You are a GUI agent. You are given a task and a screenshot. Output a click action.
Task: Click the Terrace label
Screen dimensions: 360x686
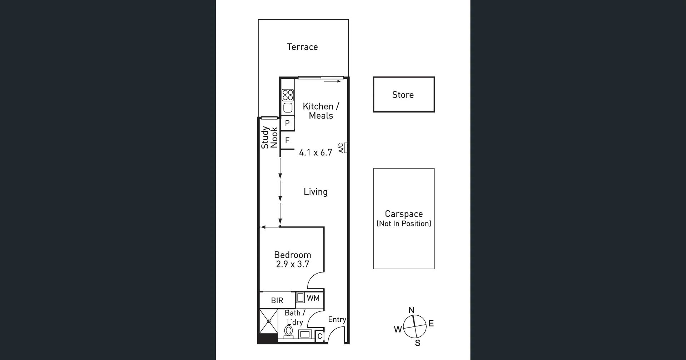click(302, 47)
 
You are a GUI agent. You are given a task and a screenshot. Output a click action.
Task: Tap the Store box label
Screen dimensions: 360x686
click(403, 95)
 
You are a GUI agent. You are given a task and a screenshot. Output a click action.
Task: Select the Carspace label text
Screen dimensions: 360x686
click(404, 214)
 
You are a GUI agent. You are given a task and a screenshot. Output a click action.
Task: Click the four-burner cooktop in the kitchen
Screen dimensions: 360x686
click(288, 95)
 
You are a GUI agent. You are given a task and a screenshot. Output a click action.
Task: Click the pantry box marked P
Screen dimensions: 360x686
click(287, 123)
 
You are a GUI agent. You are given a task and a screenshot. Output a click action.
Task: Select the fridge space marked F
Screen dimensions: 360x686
click(287, 140)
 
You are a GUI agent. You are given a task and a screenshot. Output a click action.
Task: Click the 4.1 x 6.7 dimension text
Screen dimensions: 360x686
click(315, 152)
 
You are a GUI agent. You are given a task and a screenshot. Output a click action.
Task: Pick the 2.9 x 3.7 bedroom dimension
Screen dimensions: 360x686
click(293, 264)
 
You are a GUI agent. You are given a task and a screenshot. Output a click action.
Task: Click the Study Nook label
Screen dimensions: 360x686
click(269, 137)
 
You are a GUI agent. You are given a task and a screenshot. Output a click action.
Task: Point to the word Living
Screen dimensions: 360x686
click(315, 192)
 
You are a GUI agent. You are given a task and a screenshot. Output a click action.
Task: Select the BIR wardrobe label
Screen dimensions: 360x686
click(277, 301)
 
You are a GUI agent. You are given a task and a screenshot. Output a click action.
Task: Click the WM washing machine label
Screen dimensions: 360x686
click(313, 298)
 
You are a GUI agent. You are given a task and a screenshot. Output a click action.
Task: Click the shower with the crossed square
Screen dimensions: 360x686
click(269, 321)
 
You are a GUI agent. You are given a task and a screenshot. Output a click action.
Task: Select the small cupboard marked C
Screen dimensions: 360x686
click(319, 336)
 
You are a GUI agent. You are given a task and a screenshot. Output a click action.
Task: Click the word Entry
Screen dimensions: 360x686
click(337, 320)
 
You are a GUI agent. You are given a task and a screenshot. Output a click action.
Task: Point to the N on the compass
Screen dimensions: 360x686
click(411, 310)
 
